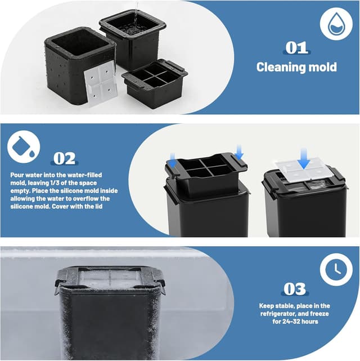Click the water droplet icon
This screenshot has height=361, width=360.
[x=336, y=24]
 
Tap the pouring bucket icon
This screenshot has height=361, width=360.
[x=24, y=147]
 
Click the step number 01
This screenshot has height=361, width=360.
[x=296, y=47]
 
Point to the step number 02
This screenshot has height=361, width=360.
[x=64, y=158]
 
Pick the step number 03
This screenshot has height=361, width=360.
[x=295, y=289]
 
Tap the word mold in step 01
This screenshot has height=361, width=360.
[x=322, y=67]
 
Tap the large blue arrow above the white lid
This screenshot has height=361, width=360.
[x=304, y=158]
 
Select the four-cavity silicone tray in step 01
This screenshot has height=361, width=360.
[x=155, y=83]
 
